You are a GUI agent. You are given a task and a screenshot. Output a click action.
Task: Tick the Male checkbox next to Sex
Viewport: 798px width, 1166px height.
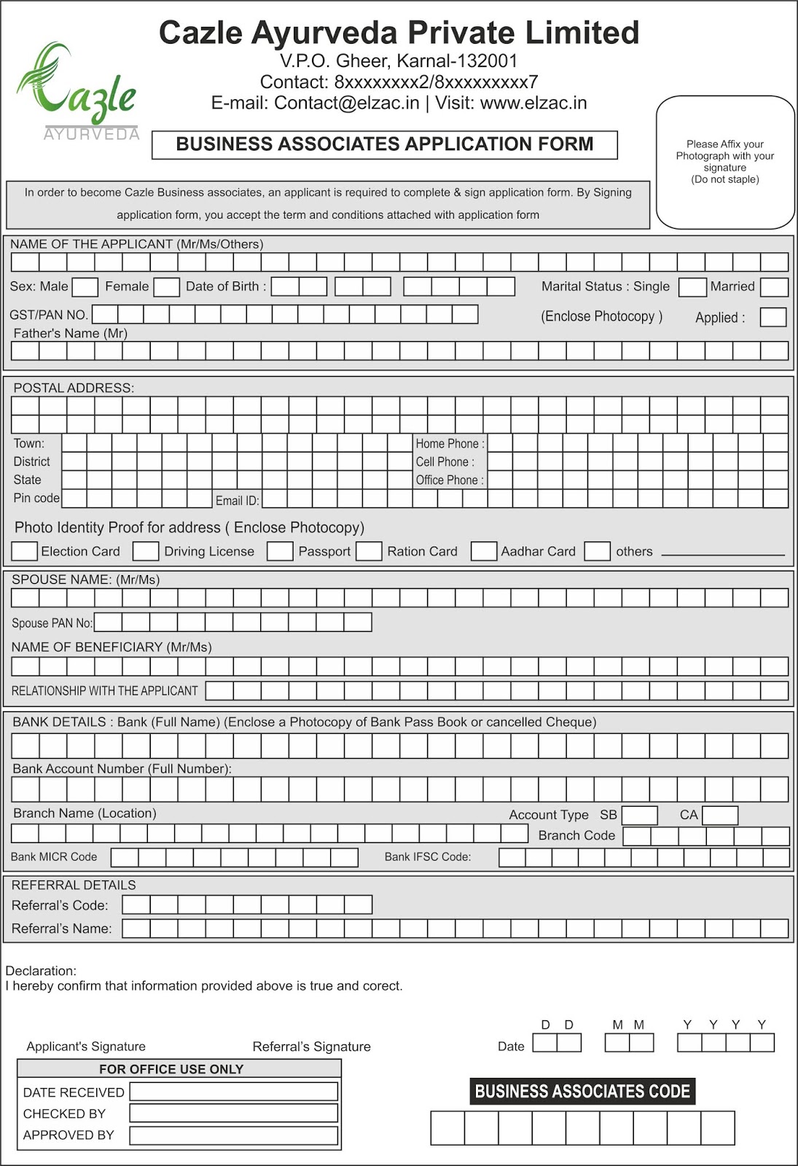click(85, 287)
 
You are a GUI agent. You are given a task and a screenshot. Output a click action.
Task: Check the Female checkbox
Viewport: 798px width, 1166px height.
click(166, 287)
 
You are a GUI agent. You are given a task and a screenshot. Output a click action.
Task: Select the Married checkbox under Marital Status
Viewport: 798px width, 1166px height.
click(774, 287)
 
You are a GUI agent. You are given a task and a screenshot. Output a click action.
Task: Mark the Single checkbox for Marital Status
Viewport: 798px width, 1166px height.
click(692, 287)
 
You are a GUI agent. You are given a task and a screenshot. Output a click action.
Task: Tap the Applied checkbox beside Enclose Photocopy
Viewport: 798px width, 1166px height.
click(772, 317)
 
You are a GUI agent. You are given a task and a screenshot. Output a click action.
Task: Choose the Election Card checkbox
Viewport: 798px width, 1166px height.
click(25, 551)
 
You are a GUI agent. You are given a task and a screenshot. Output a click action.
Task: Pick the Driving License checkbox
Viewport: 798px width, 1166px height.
click(146, 551)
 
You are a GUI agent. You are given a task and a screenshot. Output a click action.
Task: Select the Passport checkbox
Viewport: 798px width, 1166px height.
click(280, 551)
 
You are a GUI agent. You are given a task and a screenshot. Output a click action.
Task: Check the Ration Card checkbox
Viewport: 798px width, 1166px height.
click(369, 551)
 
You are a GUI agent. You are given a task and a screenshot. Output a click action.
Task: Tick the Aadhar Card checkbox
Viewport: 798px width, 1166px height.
click(484, 551)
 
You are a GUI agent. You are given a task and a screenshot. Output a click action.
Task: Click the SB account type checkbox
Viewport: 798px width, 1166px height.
click(640, 815)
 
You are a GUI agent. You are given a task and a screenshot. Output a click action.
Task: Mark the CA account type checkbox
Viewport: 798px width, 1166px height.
click(720, 815)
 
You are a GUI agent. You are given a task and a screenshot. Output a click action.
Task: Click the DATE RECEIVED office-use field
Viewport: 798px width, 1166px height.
click(233, 1091)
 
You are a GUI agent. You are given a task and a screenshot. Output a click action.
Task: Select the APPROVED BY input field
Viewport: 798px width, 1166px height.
click(233, 1135)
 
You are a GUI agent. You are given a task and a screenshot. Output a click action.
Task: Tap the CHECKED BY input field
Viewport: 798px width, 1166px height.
click(233, 1113)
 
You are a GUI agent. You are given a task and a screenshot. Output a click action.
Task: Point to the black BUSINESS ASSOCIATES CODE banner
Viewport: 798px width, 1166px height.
click(582, 1091)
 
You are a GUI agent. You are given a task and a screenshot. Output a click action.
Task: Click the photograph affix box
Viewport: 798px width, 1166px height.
click(725, 163)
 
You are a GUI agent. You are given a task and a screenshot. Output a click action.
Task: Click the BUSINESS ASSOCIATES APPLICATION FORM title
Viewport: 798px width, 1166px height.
click(385, 144)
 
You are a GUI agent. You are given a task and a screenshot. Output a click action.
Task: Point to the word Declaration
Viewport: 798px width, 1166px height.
click(40, 971)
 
